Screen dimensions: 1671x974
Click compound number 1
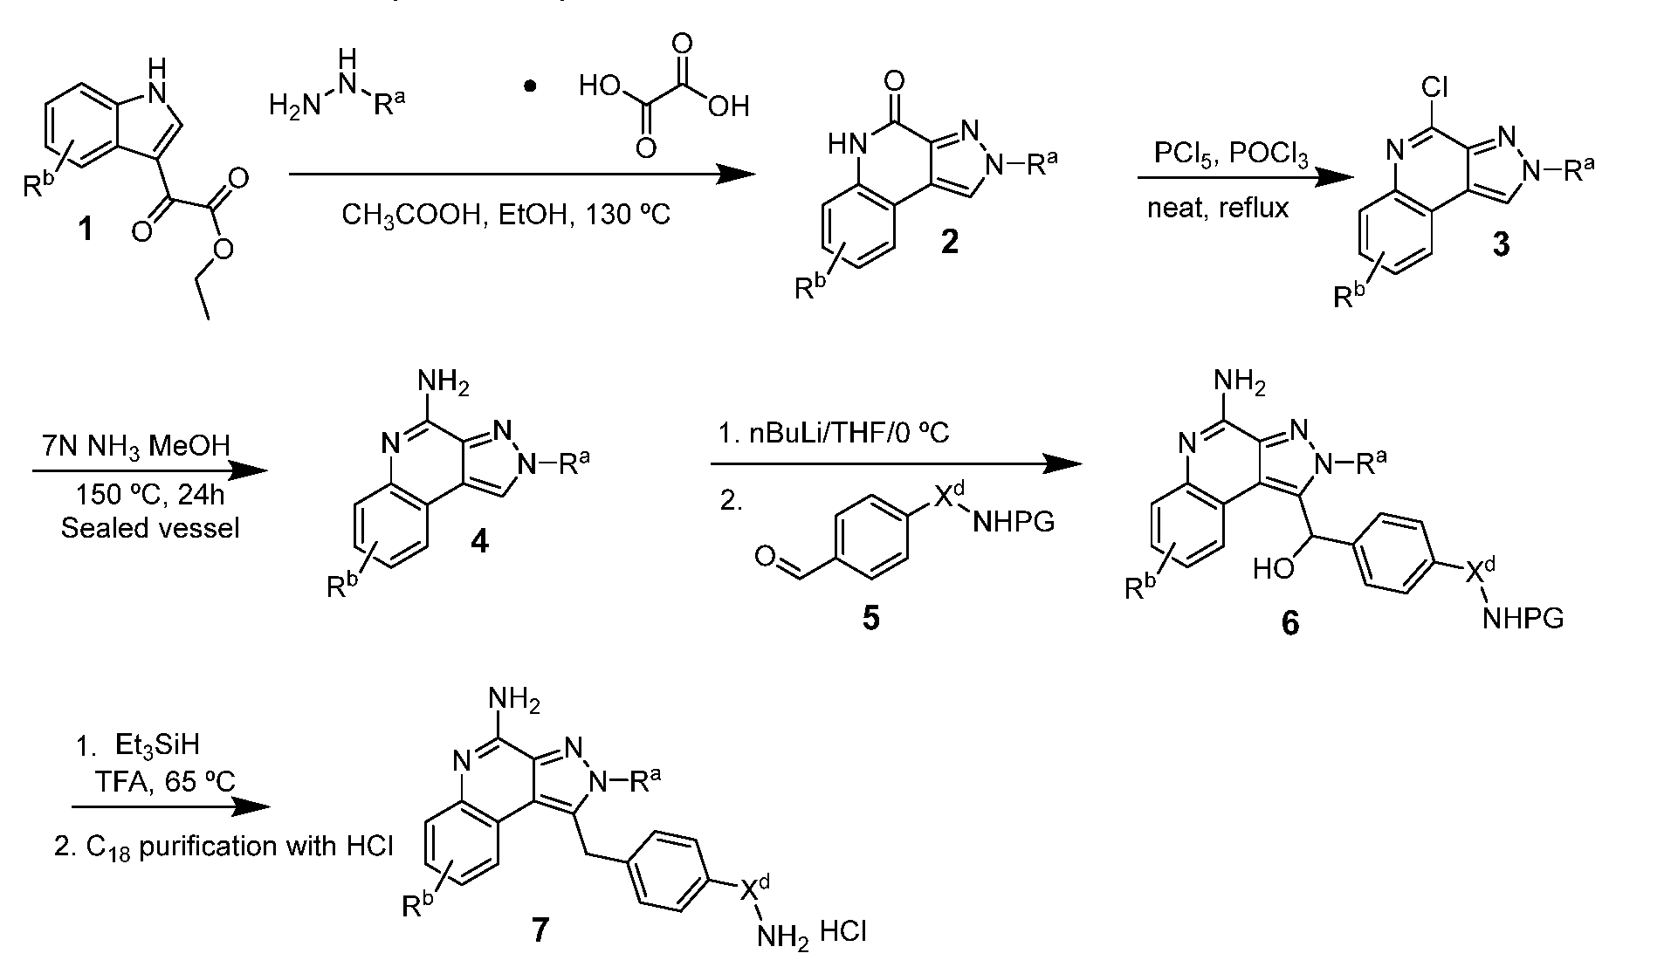86,232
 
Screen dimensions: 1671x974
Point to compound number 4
479,542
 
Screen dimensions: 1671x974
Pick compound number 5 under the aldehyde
870,618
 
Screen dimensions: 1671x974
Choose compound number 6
1289,623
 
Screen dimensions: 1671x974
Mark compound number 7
540,930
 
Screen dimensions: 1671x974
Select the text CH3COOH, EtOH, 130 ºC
505,214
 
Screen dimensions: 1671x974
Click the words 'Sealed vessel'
150,528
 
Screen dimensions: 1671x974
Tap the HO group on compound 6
1274,569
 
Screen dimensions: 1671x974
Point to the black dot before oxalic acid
530,87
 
